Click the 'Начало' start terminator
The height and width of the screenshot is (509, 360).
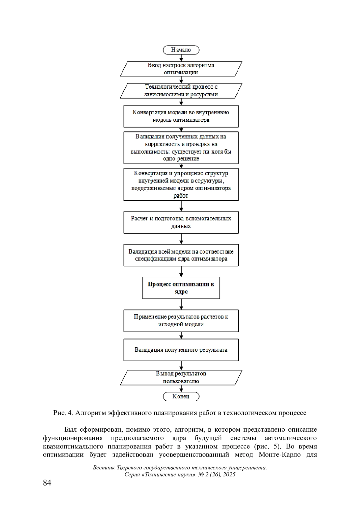(x=181, y=50)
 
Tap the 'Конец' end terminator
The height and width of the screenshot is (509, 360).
(x=181, y=397)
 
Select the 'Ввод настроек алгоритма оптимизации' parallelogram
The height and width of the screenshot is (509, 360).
(x=181, y=69)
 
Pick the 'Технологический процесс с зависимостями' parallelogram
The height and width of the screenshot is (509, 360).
(x=181, y=91)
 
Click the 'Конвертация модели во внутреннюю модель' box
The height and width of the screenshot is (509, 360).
(x=181, y=116)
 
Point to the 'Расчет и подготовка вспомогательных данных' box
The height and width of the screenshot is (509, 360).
(x=181, y=222)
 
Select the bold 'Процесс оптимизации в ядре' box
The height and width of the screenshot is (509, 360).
(x=181, y=288)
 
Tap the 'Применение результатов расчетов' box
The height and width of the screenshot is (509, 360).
(x=181, y=321)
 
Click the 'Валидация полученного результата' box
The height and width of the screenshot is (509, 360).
(x=181, y=350)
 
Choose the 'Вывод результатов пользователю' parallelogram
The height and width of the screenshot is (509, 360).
(x=181, y=377)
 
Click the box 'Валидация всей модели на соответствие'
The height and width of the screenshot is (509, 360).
(x=181, y=255)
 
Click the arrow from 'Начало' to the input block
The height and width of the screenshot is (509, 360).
(x=181, y=58)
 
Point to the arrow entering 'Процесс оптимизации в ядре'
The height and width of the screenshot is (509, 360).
(x=181, y=272)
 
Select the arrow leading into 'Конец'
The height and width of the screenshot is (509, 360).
(x=181, y=388)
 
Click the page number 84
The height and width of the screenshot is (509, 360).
(x=47, y=483)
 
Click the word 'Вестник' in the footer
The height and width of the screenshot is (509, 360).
(x=103, y=468)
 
